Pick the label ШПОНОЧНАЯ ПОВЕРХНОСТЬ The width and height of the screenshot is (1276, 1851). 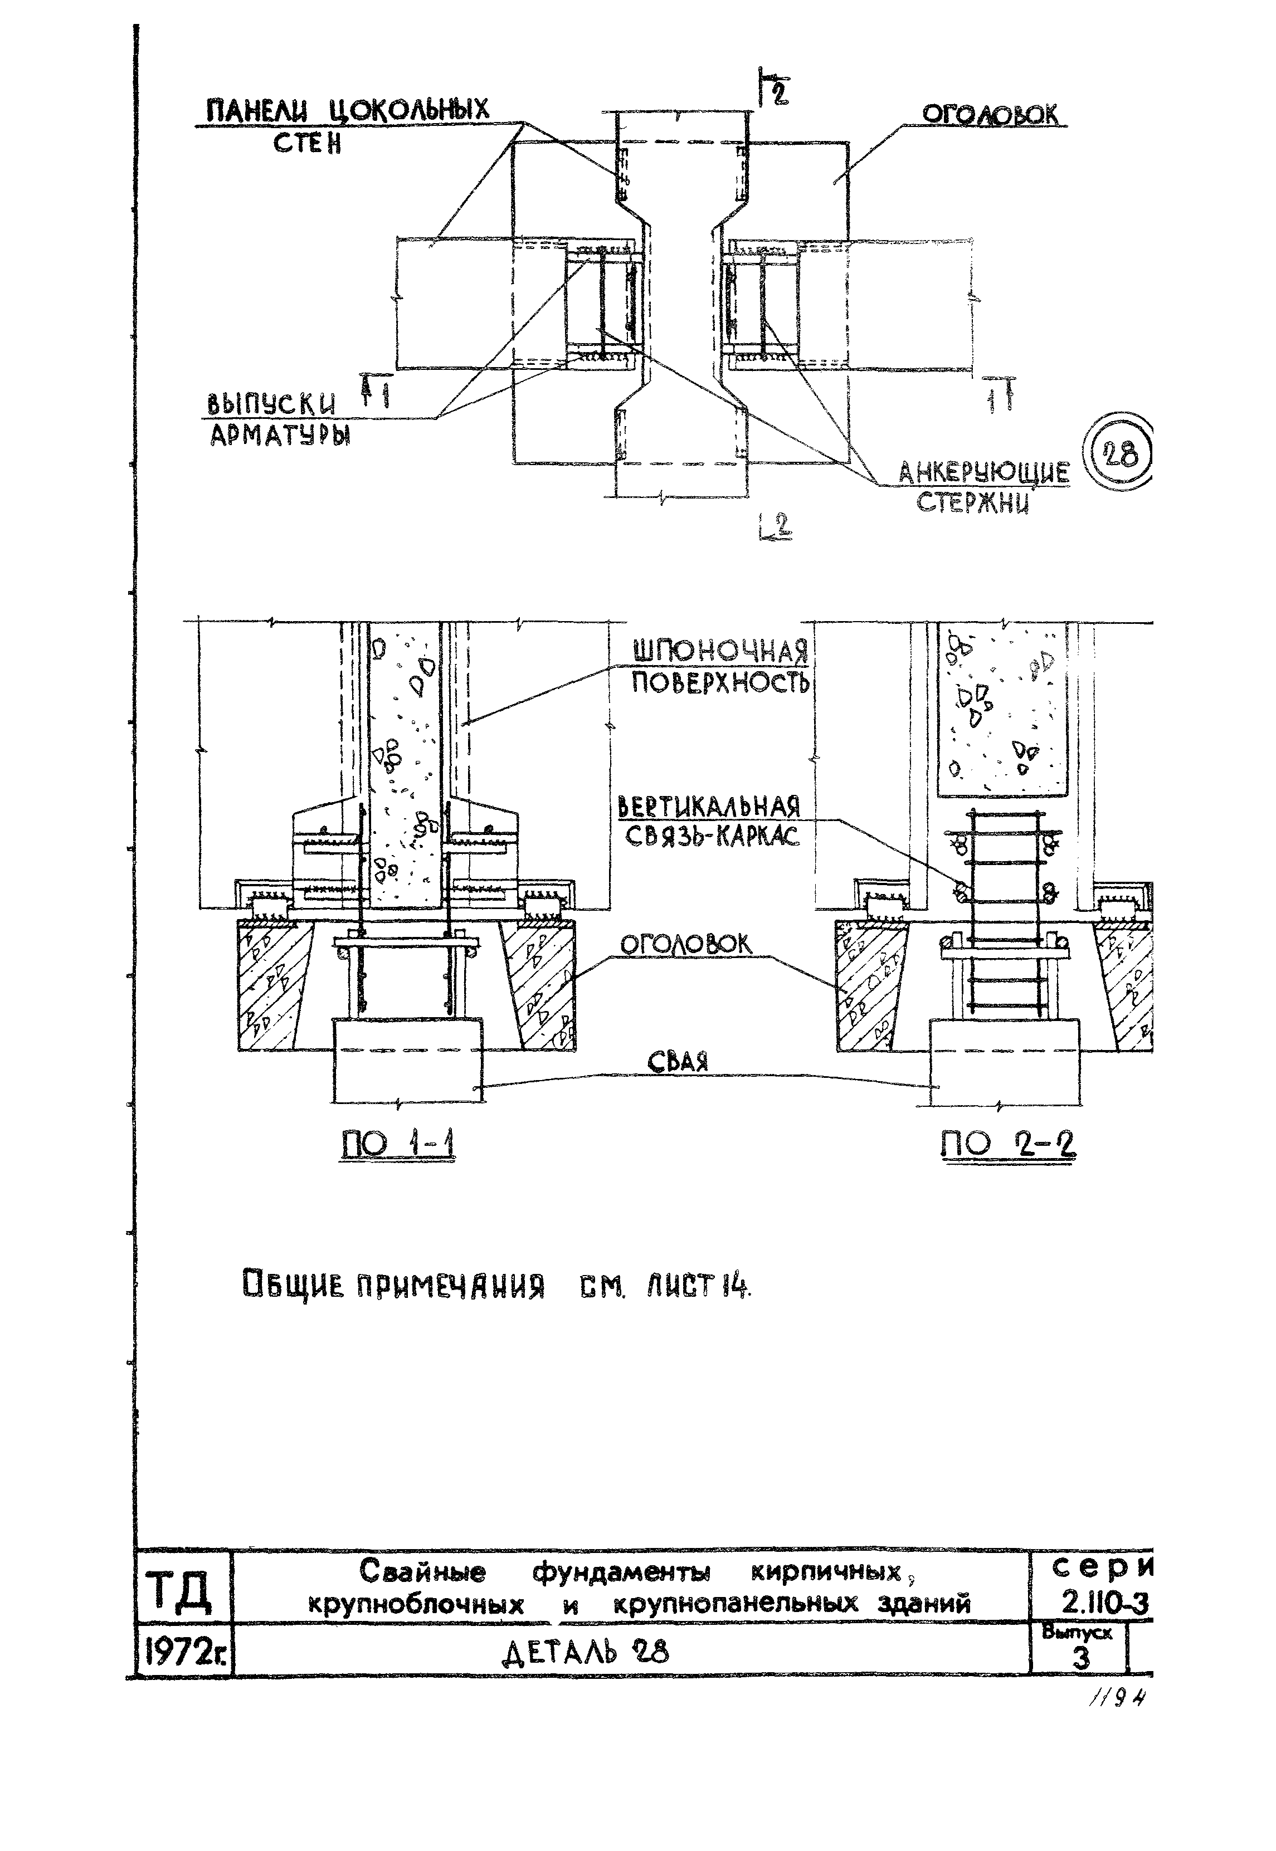[719, 667]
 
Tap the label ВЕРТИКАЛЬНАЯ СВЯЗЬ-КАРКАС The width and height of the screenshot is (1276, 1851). [709, 821]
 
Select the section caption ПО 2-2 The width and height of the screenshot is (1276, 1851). [1007, 1145]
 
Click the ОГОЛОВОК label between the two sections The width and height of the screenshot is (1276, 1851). [686, 945]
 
